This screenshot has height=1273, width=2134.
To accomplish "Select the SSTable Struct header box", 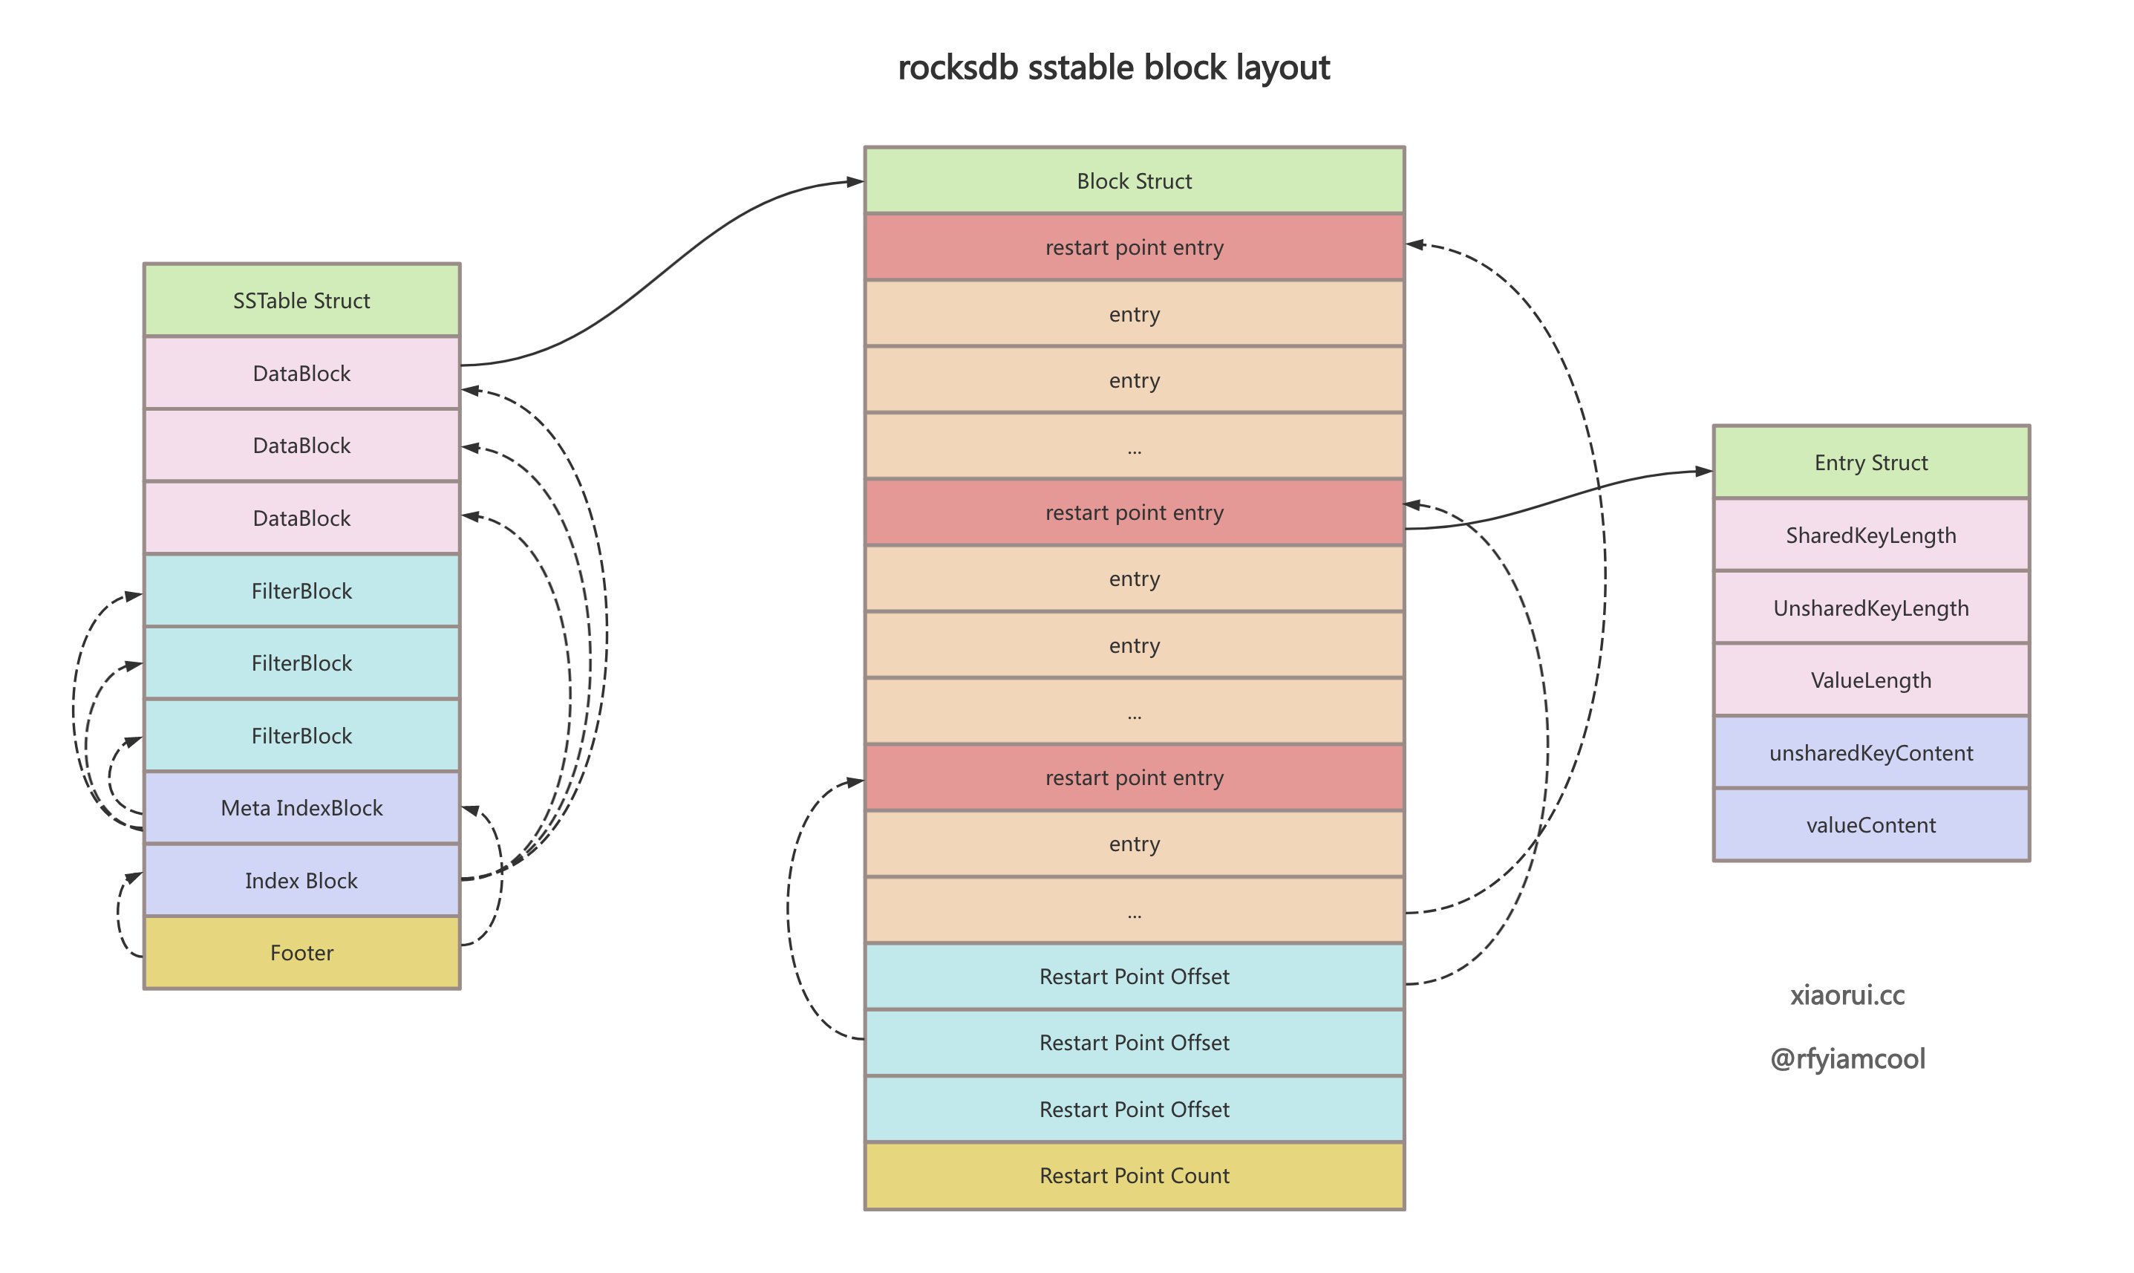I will pos(301,300).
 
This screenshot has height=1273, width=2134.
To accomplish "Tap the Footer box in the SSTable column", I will pos(301,952).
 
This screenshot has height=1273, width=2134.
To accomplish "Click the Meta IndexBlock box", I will pos(301,807).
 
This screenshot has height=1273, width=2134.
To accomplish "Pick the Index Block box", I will pos(301,880).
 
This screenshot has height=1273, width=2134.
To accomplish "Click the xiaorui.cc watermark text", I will pos(1847,995).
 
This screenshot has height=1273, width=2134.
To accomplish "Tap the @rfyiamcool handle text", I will pos(1847,1058).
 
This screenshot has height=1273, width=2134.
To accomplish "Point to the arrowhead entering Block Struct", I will pos(855,181).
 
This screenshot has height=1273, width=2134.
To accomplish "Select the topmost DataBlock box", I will pos(301,373).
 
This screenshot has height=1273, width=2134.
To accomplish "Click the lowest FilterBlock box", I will pos(301,735).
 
